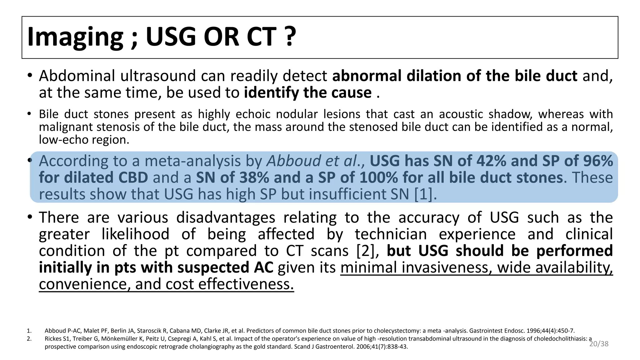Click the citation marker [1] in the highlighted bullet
[423, 194]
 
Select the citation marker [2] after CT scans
[368, 251]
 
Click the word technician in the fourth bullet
[391, 234]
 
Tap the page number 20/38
[599, 344]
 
